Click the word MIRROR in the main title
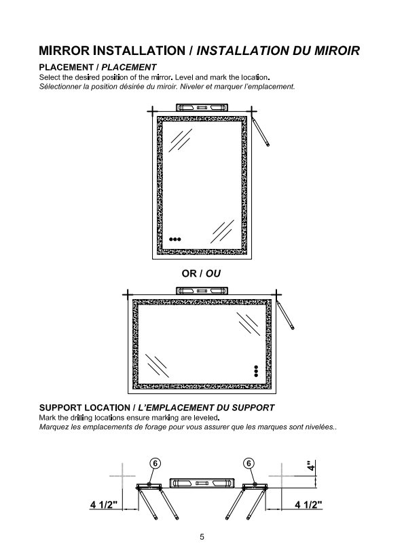click(x=64, y=51)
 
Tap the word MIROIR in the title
click(x=337, y=51)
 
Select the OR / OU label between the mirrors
click(x=201, y=273)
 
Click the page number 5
click(x=202, y=537)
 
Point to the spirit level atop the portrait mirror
click(x=202, y=107)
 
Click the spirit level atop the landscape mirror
click(x=202, y=290)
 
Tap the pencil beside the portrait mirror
click(x=261, y=132)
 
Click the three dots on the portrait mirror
click(x=175, y=239)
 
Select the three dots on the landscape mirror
click(x=256, y=371)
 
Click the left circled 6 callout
click(x=155, y=463)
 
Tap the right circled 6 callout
click(x=249, y=463)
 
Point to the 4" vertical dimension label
click(x=310, y=465)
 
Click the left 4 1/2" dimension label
click(x=104, y=505)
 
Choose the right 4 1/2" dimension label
click(x=308, y=505)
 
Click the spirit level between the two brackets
click(x=202, y=483)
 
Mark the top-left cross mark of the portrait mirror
click(x=152, y=112)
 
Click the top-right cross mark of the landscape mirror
click(x=276, y=294)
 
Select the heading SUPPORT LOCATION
click(x=84, y=408)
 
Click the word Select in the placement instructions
click(x=50, y=77)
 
